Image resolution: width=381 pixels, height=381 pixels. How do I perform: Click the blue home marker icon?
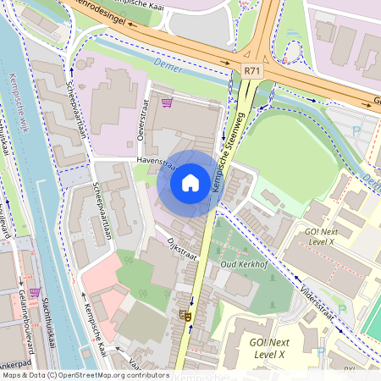point(190,182)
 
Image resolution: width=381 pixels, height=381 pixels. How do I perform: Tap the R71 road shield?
point(251,74)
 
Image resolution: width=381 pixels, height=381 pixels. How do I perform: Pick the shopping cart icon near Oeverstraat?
point(167,102)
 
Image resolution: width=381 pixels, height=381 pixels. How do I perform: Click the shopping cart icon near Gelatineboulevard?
point(35,292)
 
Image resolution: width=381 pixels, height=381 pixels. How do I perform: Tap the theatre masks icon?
point(185,316)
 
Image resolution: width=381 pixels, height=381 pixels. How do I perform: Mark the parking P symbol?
point(356,130)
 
